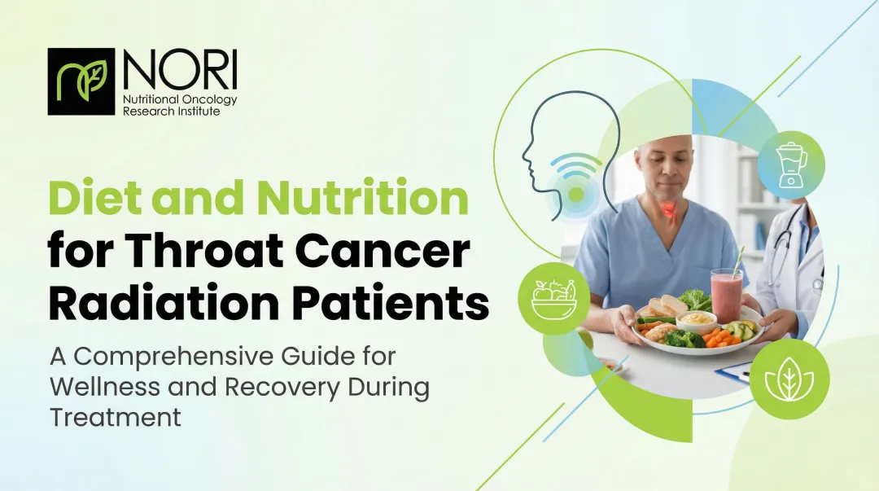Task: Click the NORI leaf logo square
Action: coord(81,81)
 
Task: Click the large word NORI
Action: coord(179,71)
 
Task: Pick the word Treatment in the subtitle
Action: coord(115,416)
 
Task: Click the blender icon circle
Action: coord(791,165)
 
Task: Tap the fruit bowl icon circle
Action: coord(553,298)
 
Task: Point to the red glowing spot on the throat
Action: coord(668,211)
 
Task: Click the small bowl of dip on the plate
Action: coord(696,319)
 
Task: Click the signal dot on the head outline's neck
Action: coord(576,195)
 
